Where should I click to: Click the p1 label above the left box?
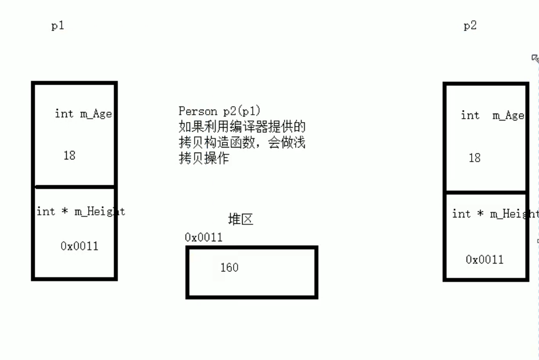coord(58,26)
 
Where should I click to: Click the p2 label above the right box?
coord(470,26)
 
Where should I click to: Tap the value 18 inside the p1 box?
coord(70,155)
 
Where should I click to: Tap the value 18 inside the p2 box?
coord(475,158)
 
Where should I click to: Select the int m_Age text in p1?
coord(83,114)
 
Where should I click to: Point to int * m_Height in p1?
coord(80,211)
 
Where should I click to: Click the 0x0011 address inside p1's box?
coord(79,246)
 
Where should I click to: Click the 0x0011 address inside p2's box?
coord(485,259)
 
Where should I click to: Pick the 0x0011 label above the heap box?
coord(204,237)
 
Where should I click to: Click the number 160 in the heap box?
coord(230,267)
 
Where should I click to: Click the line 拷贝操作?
coord(204,159)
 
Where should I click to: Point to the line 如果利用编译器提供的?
coord(242,127)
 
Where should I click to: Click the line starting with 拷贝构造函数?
coord(242,143)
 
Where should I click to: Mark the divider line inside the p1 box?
coord(74,186)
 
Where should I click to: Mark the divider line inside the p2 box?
coord(486,193)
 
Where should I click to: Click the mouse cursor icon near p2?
coord(535,58)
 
